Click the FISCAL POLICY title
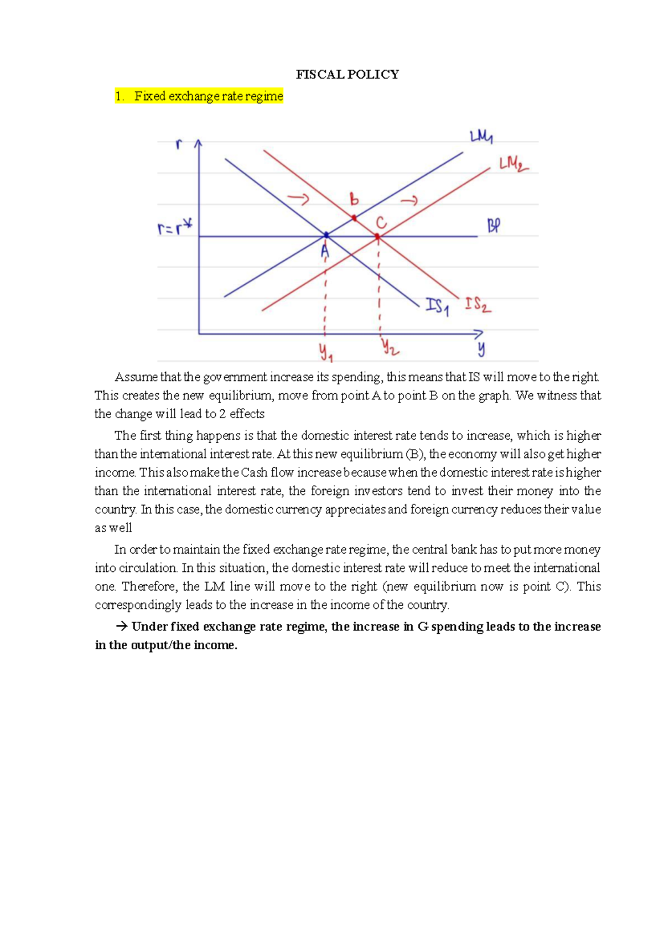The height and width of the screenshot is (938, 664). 347,75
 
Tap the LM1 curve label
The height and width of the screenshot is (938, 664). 481,137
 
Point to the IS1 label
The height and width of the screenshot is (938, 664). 437,306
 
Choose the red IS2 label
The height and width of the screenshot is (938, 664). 478,305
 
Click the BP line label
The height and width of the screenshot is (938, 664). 494,226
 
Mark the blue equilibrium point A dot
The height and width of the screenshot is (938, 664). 326,235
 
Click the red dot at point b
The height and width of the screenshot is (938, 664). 354,218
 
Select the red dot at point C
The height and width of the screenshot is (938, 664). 377,236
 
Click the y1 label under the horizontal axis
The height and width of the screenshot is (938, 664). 325,352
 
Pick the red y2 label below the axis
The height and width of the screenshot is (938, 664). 390,347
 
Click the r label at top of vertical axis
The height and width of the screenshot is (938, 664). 179,144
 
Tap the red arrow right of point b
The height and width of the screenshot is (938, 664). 409,200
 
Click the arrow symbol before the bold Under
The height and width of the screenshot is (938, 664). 122,627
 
